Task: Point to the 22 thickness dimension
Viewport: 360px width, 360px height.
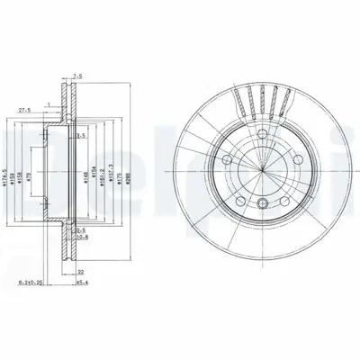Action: pyautogui.click(x=80, y=270)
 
